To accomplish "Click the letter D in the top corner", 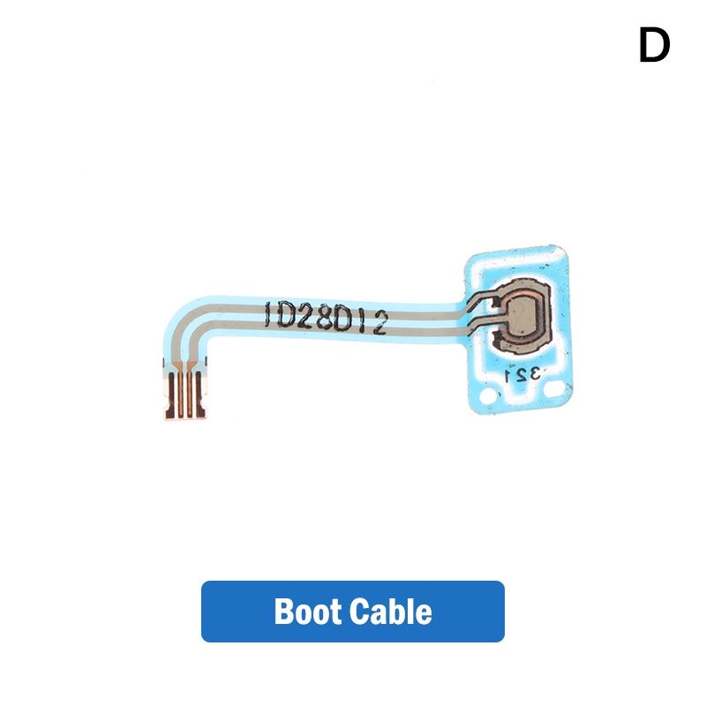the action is [x=654, y=45].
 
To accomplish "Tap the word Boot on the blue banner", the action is [x=307, y=612].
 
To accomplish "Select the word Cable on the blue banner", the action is [x=390, y=611].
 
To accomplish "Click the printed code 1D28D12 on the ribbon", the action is [x=326, y=318].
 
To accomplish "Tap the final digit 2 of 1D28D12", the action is [x=380, y=324].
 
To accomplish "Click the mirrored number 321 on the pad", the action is [x=522, y=373].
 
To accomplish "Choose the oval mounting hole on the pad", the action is [x=555, y=387].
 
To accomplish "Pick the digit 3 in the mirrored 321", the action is [x=534, y=373].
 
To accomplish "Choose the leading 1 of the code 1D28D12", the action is [x=267, y=313].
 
